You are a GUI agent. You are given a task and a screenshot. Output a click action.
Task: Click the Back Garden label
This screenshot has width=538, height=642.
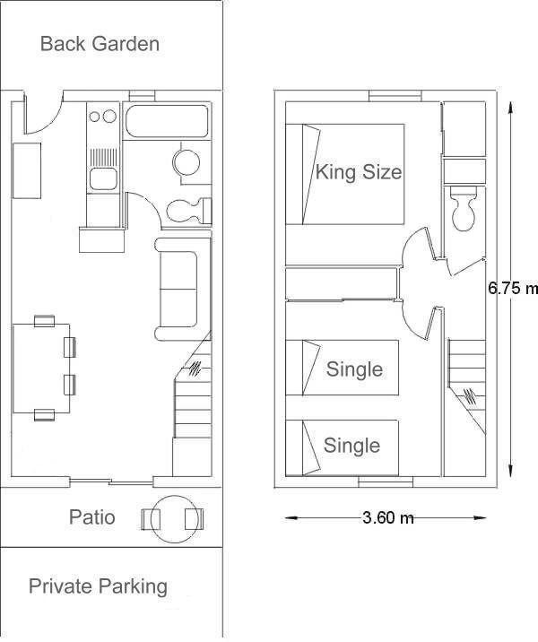coord(100,44)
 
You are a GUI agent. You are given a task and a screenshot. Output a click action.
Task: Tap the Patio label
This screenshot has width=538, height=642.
coord(91,516)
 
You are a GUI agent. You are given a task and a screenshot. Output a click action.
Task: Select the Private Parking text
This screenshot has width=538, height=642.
coord(98,586)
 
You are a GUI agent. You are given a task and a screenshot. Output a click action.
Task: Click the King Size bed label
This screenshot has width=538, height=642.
coord(359,172)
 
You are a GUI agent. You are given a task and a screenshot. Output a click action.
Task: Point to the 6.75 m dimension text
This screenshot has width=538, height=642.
coord(513,288)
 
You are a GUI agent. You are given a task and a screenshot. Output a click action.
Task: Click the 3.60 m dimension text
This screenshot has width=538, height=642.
coord(388,518)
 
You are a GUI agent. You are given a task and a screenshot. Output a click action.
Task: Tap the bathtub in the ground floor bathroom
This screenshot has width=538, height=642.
coord(167,121)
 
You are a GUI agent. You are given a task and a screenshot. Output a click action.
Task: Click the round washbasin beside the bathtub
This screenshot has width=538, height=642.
coord(187,162)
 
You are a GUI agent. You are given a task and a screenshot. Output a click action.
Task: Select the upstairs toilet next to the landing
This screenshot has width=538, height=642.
coord(464,208)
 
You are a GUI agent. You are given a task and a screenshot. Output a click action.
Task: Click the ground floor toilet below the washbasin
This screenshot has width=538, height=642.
coord(189,211)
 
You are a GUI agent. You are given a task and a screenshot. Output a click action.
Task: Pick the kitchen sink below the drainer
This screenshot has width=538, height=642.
coord(104,178)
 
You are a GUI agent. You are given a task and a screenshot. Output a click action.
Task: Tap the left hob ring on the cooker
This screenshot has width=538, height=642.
coord(94,117)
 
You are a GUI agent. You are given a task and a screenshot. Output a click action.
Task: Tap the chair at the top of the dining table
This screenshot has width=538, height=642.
coord(44,321)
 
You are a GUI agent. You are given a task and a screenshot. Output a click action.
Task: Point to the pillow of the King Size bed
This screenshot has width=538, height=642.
coord(310,174)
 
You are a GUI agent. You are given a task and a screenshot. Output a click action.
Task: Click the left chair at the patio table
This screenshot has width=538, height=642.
coord(151,519)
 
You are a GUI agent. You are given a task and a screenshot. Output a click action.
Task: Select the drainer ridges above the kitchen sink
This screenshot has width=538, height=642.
coord(104,157)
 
